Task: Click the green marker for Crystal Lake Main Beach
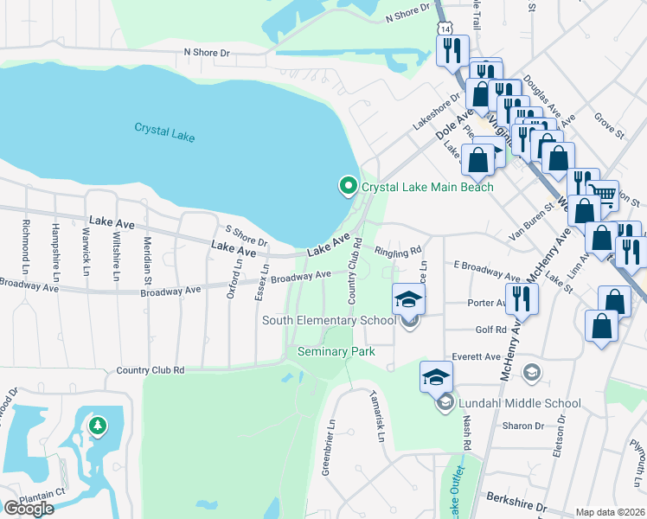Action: point(348,186)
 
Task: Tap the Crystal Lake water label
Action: point(164,132)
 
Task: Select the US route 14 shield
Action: point(445,29)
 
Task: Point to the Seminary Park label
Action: point(336,351)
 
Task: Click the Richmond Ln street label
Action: point(24,244)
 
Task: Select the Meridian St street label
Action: point(147,258)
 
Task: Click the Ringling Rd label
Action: point(398,251)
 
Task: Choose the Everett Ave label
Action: point(481,356)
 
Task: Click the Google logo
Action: point(28,508)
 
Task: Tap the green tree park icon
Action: point(98,426)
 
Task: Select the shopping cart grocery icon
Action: point(602,193)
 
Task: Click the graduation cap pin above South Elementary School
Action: point(409,299)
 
